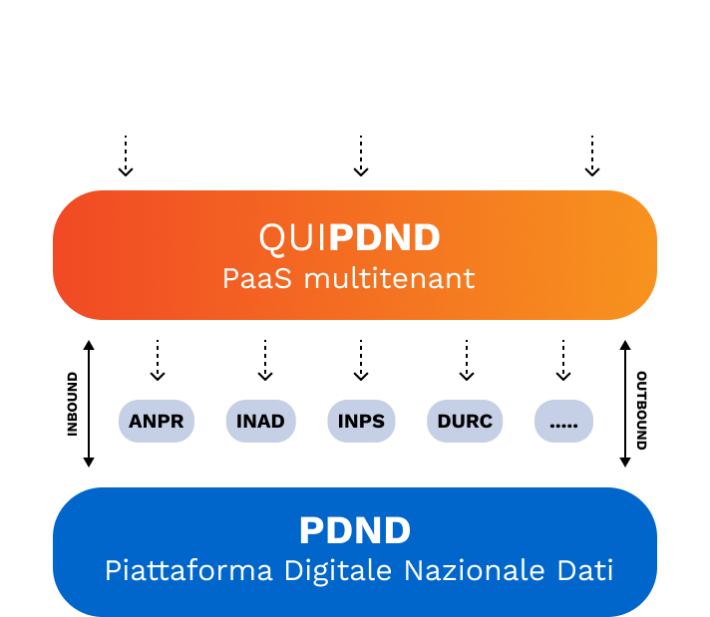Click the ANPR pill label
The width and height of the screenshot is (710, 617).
pos(157,421)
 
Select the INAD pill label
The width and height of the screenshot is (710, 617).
pos(260,421)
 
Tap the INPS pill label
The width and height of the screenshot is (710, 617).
pos(361,421)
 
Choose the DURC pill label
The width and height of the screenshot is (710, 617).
pos(465,421)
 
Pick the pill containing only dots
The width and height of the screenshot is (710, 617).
pos(563,421)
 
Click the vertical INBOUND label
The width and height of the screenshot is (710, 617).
pos(72,404)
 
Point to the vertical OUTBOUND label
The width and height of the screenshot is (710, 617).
pos(642,410)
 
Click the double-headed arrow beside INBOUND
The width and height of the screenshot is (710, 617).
pos(89,404)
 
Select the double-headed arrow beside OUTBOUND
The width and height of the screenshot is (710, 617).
pos(625,404)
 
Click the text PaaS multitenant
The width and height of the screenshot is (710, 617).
pos(349,278)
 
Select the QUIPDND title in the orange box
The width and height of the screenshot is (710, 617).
pos(349,238)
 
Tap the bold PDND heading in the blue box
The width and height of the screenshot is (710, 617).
pos(355,530)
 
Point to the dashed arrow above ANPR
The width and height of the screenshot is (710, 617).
pos(158,360)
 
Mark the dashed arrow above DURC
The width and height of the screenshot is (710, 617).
pos(466,360)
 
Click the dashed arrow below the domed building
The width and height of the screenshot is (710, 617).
pos(592,155)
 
